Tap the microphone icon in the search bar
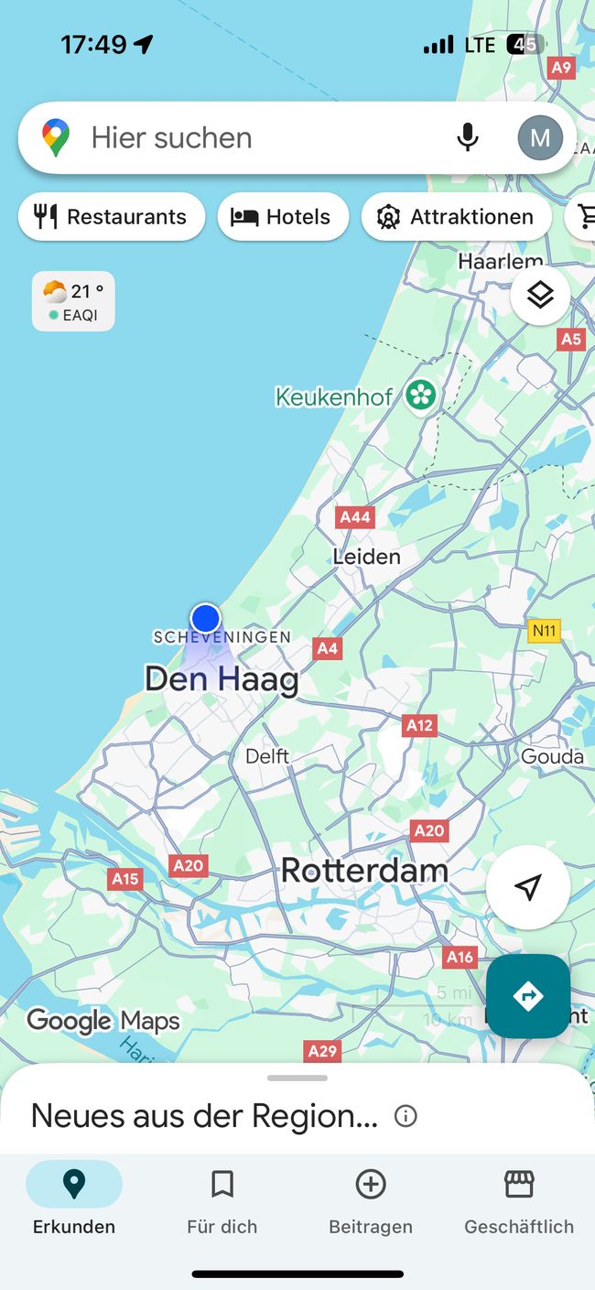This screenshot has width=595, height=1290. pos(468,137)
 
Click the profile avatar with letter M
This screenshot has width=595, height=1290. pos(540,137)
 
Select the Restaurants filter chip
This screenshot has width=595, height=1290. pos(111,217)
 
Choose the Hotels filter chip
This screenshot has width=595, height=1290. pos(283,217)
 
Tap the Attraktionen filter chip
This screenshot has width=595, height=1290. pos(456,217)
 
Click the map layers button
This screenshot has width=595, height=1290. pos(540,295)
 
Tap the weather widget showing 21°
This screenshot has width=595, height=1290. pos(73,300)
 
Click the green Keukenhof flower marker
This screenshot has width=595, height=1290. pos(421,396)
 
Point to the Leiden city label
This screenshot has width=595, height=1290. pos(366,557)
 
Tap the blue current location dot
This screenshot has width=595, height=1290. pos(206,618)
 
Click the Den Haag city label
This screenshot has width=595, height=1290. pos(222,679)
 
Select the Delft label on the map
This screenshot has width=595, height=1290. pos(267,756)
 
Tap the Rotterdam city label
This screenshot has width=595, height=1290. pos(364,870)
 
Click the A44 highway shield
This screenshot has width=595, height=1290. pos(355,517)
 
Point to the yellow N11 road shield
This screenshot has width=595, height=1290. pos(545,630)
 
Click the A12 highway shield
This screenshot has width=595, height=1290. pos(419,726)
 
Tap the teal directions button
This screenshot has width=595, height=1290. pos(528,996)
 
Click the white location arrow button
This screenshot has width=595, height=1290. pos(528,887)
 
